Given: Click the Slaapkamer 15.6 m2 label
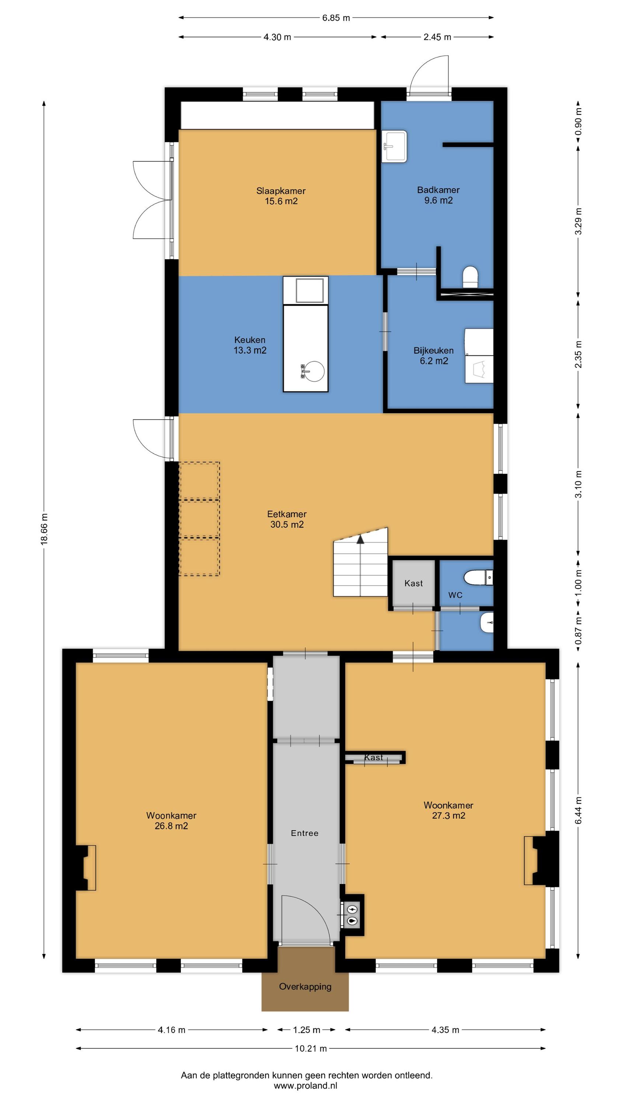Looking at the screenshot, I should click(281, 196).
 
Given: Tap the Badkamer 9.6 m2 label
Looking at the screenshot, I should click(438, 195).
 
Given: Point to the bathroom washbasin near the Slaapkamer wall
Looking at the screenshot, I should click(394, 147).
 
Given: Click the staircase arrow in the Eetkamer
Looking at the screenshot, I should click(360, 540).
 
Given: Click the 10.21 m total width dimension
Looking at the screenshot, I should click(310, 1048).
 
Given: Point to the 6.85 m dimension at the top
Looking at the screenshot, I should click(336, 18).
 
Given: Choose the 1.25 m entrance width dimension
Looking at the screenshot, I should click(307, 1030).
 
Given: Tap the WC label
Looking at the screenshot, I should click(455, 595).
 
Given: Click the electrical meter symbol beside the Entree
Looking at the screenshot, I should click(352, 909).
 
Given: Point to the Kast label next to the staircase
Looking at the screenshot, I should click(413, 583).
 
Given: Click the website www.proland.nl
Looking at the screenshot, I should click(305, 1086).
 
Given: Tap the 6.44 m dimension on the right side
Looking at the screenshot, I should click(578, 810).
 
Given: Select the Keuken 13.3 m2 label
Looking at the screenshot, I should click(250, 345).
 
